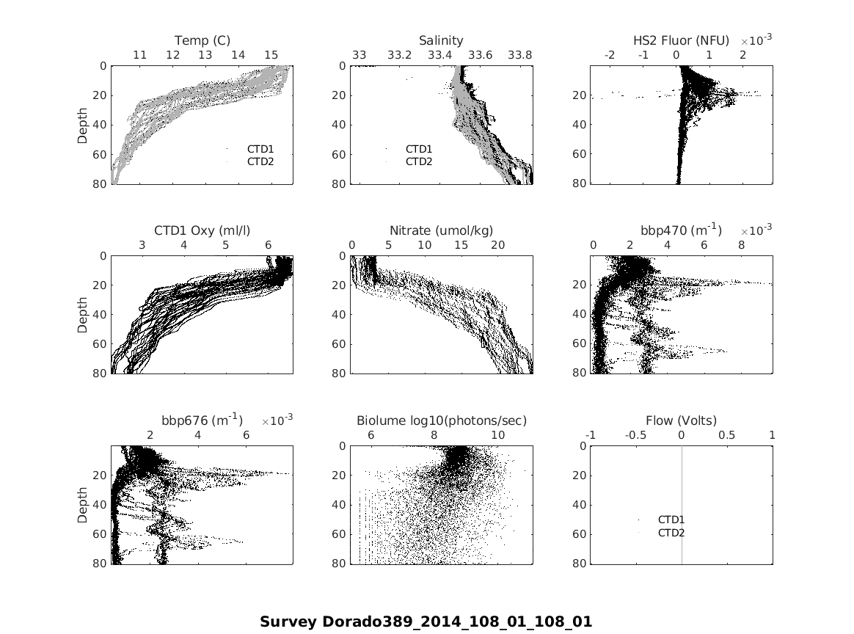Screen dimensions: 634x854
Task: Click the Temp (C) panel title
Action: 202,40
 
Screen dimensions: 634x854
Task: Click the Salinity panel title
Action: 441,40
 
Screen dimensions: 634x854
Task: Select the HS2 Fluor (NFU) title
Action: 681,40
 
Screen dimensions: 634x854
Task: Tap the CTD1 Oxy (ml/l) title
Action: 202,230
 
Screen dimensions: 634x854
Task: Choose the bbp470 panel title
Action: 681,230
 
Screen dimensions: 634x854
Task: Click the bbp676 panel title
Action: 202,420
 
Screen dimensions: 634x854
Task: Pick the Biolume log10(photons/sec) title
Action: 442,420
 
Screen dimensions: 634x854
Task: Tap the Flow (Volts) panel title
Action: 681,420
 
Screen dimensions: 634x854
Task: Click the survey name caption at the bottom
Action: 426,622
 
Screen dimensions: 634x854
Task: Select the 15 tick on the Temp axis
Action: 271,55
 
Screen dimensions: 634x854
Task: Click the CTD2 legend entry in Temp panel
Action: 260,161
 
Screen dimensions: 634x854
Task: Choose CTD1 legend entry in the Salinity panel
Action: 419,149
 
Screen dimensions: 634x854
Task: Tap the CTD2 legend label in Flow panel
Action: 671,533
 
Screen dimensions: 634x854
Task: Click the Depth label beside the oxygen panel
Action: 83,315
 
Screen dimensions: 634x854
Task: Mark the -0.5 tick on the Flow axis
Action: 635,435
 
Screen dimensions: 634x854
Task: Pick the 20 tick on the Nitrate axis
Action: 497,245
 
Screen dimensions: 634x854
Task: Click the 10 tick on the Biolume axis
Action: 497,435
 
